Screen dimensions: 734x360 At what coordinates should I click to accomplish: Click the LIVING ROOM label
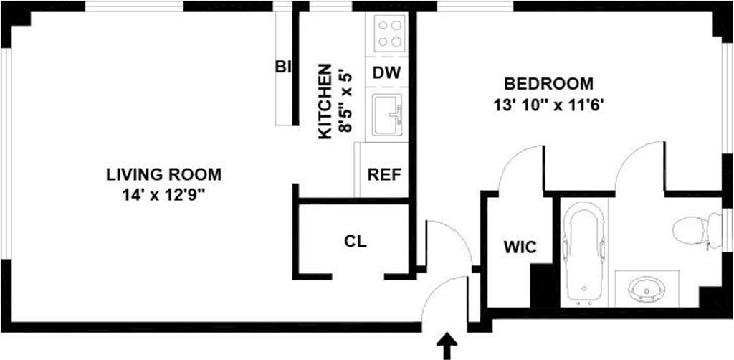163,174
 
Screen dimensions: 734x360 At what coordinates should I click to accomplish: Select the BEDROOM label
538,84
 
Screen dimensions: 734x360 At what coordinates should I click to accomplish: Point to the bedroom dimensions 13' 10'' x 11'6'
545,104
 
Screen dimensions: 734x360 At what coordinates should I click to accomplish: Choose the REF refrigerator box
383,174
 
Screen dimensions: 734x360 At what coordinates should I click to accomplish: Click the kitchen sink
388,115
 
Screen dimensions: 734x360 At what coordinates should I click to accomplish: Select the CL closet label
356,242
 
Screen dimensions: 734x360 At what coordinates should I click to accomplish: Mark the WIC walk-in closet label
520,247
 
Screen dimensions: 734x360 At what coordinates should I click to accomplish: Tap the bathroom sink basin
647,289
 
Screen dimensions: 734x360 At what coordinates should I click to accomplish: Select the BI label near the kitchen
283,67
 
